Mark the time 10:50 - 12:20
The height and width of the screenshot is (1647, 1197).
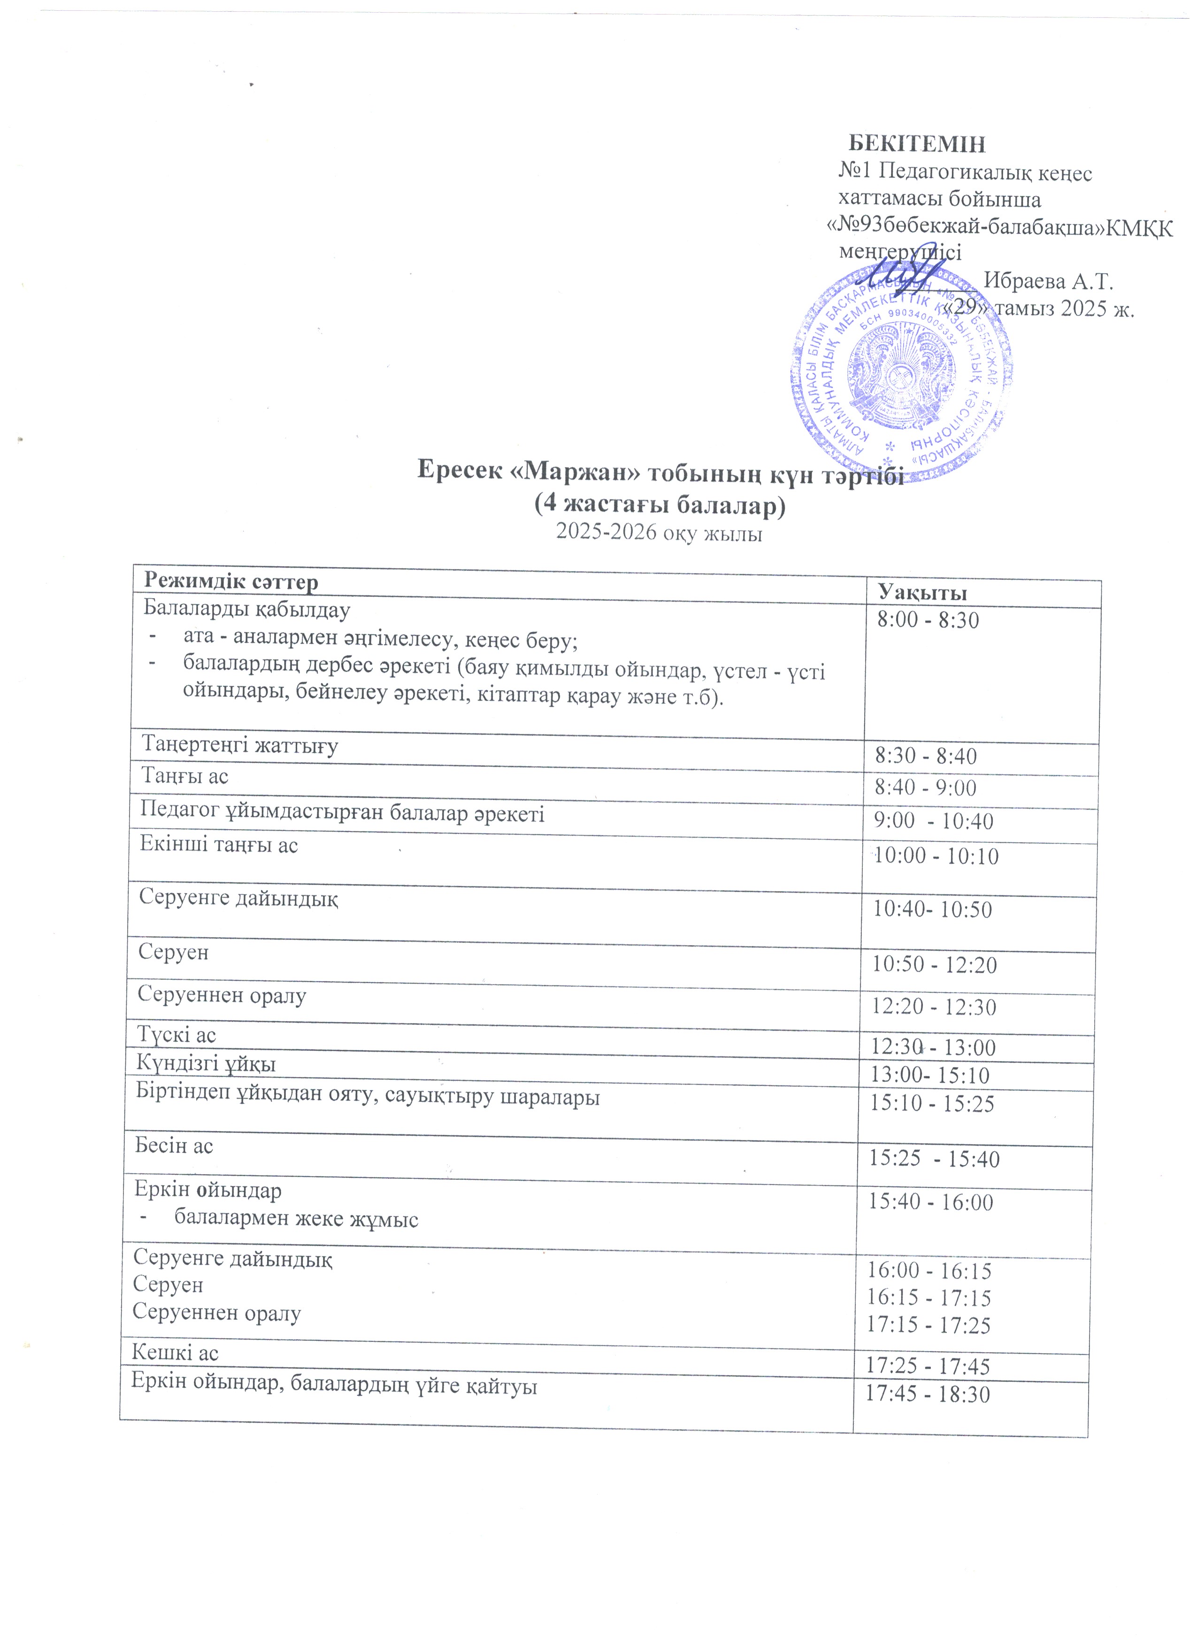pos(934,965)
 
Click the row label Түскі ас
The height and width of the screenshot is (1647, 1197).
pos(176,1035)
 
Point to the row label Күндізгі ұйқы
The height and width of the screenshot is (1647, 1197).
pos(206,1064)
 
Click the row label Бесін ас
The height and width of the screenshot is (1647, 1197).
pos(174,1146)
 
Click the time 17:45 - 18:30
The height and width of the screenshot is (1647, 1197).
pos(928,1394)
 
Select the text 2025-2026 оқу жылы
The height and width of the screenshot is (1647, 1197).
pos(659,534)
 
